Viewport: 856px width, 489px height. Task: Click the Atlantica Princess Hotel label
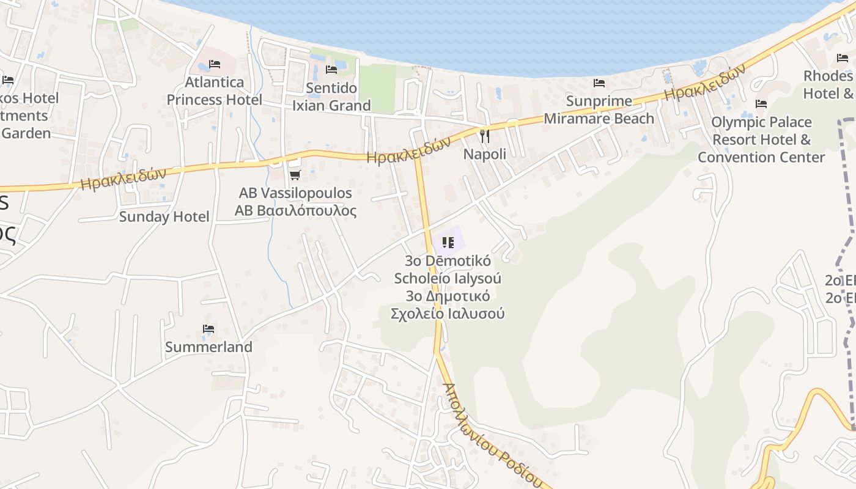pos(214,90)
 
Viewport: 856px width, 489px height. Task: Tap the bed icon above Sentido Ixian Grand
pos(331,70)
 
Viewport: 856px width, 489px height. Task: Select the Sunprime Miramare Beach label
pos(599,109)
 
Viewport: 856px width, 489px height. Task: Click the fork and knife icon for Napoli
pos(485,136)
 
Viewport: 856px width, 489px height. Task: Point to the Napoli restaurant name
pos(484,154)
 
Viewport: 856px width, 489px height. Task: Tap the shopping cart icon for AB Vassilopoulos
pos(295,175)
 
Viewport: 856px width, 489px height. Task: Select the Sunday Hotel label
pos(164,216)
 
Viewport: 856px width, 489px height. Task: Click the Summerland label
pos(208,347)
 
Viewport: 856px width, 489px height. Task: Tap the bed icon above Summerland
pos(208,329)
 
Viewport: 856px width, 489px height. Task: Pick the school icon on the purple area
pos(448,243)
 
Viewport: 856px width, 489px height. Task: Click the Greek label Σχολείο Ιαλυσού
pos(448,314)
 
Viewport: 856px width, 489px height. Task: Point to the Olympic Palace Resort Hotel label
pos(761,131)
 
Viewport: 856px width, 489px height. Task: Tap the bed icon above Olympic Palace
pos(761,104)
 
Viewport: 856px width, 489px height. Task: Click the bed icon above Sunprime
pos(599,83)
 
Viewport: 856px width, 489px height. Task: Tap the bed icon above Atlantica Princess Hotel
pos(215,64)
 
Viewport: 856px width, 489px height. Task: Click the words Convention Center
pos(761,157)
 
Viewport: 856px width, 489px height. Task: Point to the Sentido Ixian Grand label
pos(331,97)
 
